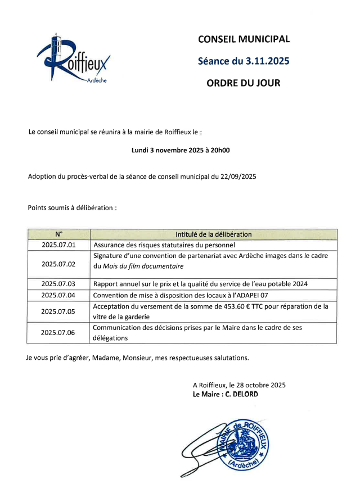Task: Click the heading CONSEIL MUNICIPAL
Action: tap(244, 39)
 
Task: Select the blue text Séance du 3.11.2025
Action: tap(244, 61)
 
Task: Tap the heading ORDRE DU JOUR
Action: tap(244, 83)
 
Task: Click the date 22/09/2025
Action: tap(238, 177)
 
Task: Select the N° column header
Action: tap(58, 234)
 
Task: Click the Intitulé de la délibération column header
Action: tap(214, 234)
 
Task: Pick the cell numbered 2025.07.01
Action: tap(58, 245)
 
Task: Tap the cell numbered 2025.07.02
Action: tap(58, 264)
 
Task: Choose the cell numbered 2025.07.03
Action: tap(58, 283)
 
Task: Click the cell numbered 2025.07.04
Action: tap(58, 295)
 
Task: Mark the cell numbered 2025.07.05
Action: tap(58, 311)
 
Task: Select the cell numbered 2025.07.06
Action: tap(58, 332)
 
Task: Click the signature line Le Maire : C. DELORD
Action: tap(226, 395)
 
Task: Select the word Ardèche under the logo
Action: tap(97, 80)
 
